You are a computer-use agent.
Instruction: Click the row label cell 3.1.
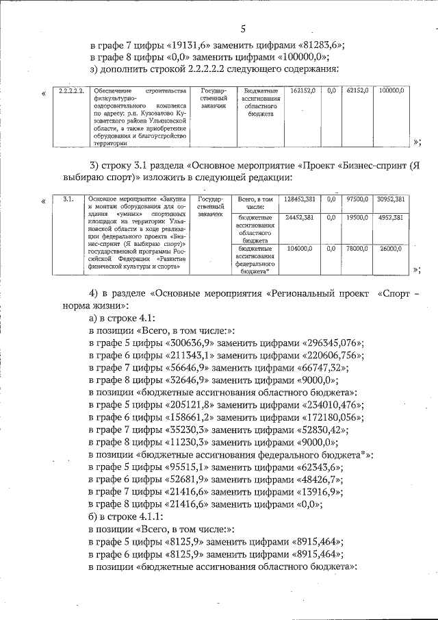click(68, 199)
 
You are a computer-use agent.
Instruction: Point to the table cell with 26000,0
click(393, 249)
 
